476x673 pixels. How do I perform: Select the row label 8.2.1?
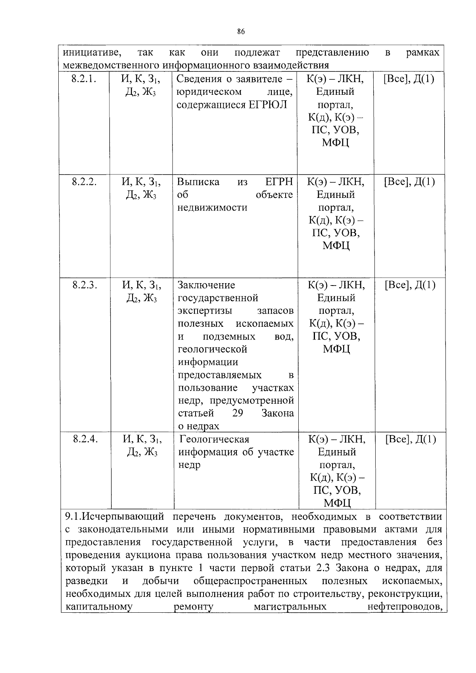[84, 79]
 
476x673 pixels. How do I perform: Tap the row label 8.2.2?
[84, 182]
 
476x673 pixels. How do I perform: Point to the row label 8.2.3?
[85, 285]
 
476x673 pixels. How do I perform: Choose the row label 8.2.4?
[85, 439]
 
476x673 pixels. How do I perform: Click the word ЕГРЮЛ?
[268, 105]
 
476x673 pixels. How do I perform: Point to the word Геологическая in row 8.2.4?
[214, 439]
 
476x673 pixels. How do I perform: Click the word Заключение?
[206, 285]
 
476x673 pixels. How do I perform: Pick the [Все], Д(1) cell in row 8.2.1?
[409, 79]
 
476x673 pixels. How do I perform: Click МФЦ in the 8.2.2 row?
[336, 246]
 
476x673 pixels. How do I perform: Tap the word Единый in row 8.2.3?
[336, 297]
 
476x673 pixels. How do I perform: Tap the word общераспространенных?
[250, 581]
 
